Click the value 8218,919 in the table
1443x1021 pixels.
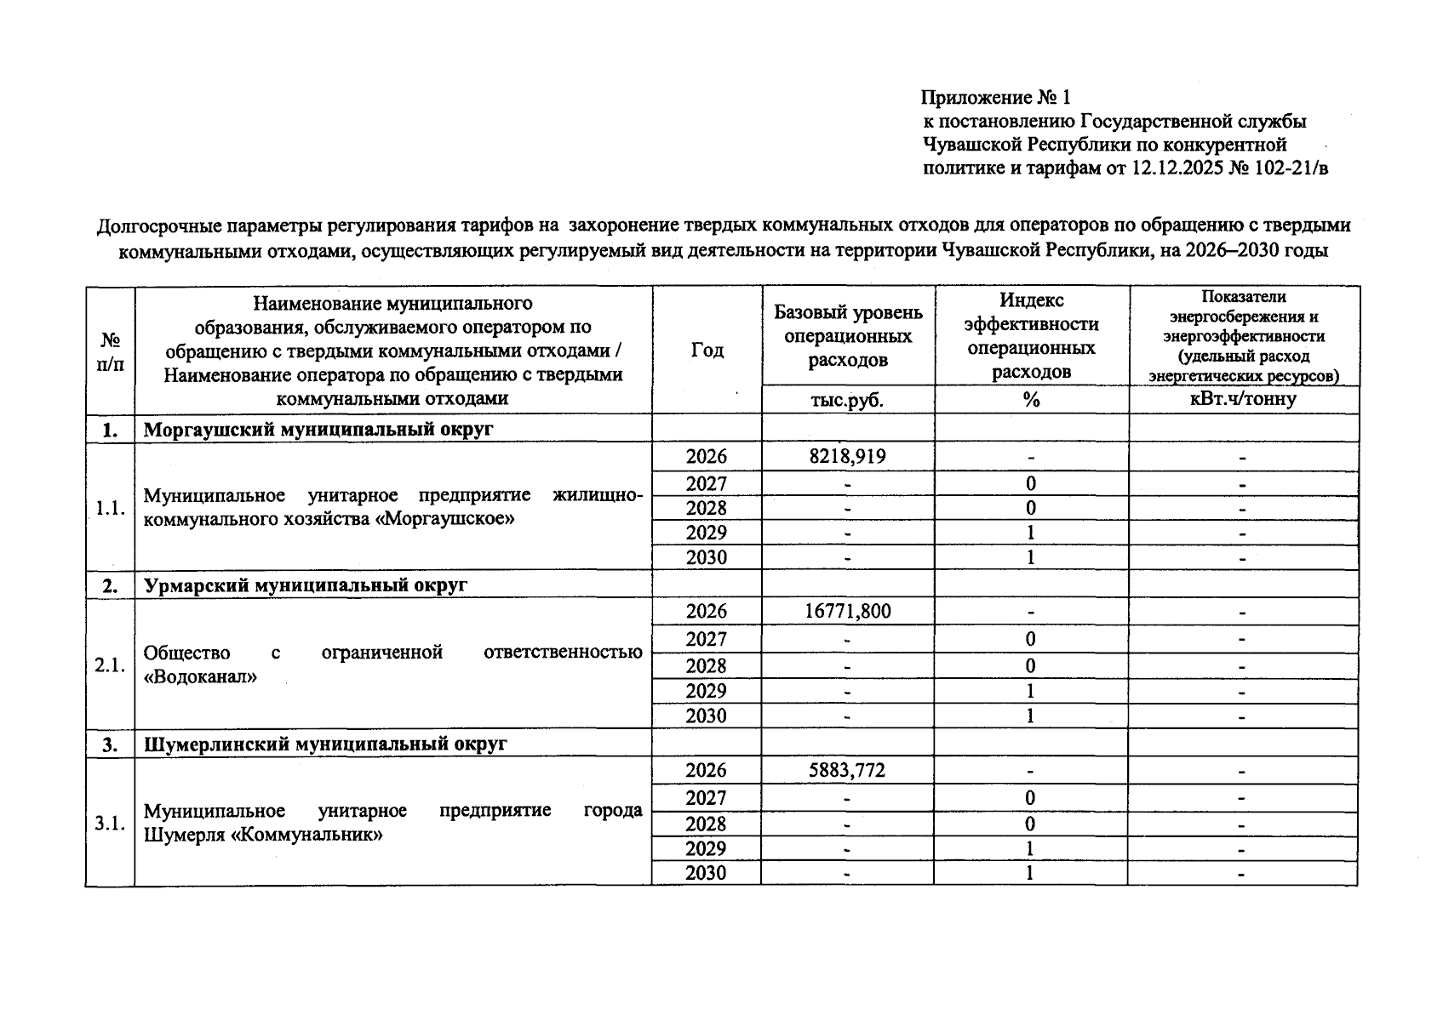click(847, 457)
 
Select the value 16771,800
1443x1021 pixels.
click(847, 612)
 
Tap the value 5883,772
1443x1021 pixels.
click(847, 771)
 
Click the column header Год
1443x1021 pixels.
click(707, 350)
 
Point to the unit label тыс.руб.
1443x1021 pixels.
click(847, 400)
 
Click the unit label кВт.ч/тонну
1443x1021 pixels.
click(1243, 399)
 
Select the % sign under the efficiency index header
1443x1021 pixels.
click(1031, 400)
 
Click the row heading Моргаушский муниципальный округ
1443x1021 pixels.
click(318, 430)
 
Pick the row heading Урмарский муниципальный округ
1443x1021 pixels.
click(306, 585)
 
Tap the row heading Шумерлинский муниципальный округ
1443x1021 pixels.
click(325, 744)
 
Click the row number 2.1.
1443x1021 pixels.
click(111, 665)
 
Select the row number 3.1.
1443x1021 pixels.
click(111, 824)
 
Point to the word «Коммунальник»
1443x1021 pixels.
click(306, 836)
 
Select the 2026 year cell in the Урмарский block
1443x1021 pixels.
click(707, 612)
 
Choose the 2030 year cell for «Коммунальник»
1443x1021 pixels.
click(707, 874)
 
